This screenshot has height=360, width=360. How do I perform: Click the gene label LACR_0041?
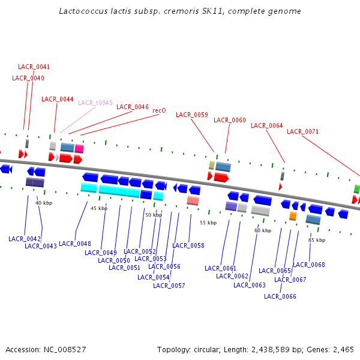click(34, 67)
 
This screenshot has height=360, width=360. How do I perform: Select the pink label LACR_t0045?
click(95, 103)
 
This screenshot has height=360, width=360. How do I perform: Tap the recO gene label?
click(159, 110)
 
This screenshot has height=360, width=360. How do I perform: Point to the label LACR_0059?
click(191, 115)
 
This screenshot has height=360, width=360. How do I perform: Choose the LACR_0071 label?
click(302, 131)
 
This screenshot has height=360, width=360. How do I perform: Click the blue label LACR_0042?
click(24, 239)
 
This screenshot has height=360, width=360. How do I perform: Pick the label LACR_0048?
click(75, 244)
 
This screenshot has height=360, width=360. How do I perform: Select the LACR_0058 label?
click(188, 245)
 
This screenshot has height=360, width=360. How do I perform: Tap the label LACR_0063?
click(249, 285)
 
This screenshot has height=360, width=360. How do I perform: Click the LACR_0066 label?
click(280, 296)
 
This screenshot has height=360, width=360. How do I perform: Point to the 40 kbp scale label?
click(44, 203)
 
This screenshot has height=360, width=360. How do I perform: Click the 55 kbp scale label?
click(208, 223)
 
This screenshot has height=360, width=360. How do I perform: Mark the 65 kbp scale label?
click(317, 240)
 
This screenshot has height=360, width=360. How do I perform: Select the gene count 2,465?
click(341, 349)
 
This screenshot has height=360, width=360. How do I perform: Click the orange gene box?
click(293, 216)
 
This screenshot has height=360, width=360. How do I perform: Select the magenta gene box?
click(79, 148)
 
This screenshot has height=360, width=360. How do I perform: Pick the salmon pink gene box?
click(193, 200)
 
